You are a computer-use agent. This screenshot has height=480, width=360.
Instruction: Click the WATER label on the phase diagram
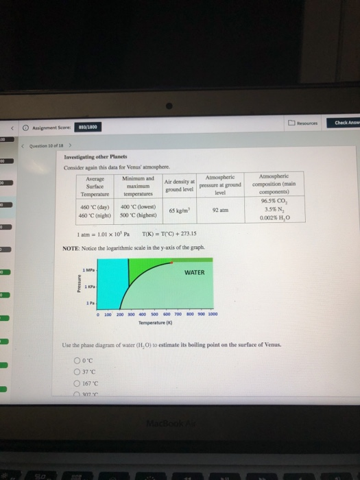(x=195, y=272)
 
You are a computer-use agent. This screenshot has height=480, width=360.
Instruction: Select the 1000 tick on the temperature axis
(x=213, y=314)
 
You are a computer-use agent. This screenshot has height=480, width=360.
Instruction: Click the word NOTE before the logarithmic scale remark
(x=73, y=246)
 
